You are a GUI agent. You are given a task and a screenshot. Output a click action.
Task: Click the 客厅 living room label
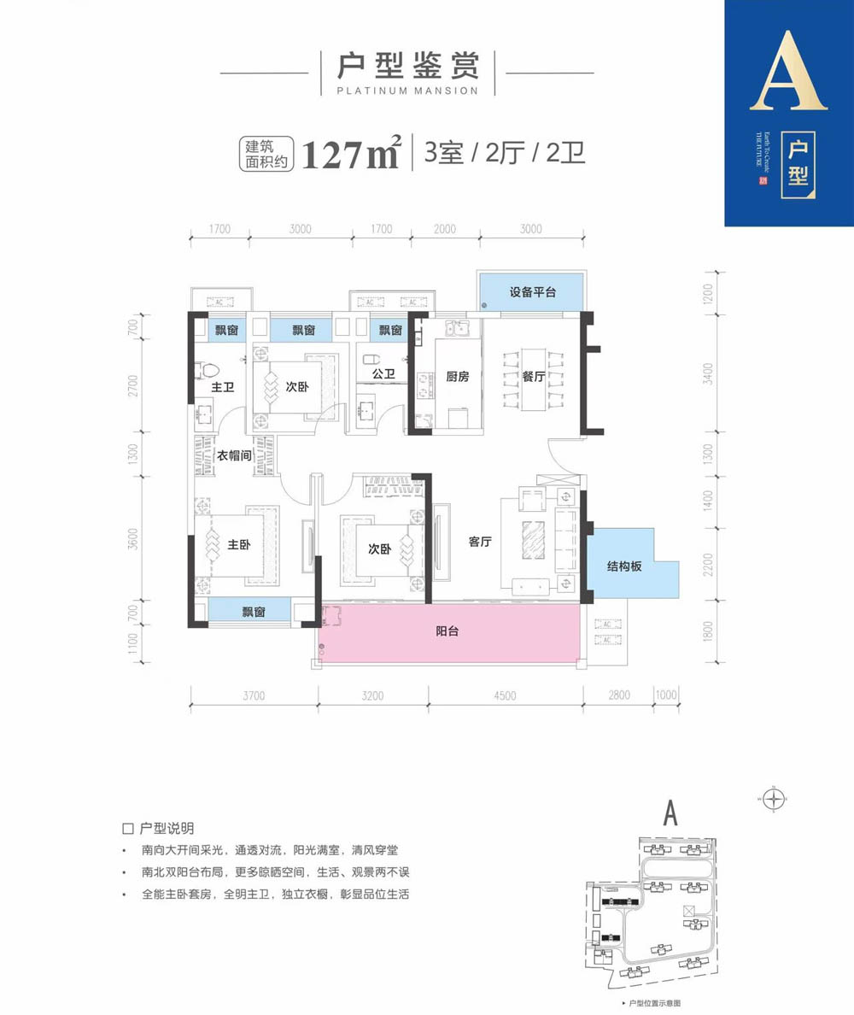[x=483, y=541]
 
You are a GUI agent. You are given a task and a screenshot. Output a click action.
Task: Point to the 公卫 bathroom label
[x=383, y=373]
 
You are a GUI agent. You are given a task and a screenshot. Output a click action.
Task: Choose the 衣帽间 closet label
[x=234, y=455]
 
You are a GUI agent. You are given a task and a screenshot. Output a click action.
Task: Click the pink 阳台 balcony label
[x=447, y=632]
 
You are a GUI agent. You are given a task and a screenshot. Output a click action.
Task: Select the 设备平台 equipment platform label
[x=533, y=292]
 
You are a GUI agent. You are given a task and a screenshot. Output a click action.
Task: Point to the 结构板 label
[x=625, y=565]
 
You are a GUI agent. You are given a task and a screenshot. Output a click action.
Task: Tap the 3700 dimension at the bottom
[x=253, y=695]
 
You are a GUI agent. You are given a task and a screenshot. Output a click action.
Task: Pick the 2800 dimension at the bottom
[x=619, y=695]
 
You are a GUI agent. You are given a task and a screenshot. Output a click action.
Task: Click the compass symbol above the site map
[x=774, y=800]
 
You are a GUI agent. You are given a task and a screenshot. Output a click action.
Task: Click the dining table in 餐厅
[x=534, y=377]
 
